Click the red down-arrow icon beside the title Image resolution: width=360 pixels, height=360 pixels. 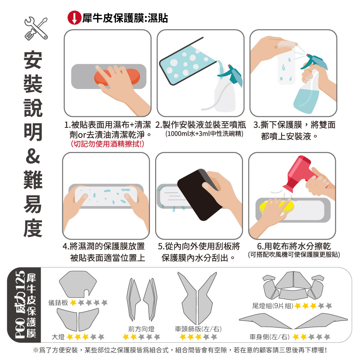[x=74, y=18]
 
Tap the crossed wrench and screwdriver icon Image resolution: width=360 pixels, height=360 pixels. [x=36, y=28]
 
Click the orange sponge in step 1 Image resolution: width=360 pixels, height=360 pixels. [x=117, y=77]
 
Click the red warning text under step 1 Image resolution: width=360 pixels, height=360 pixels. [x=107, y=144]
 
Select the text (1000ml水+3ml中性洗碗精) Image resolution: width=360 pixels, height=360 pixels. [x=204, y=134]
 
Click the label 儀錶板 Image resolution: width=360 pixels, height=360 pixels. [x=58, y=303]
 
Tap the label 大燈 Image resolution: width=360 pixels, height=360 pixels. [x=58, y=337]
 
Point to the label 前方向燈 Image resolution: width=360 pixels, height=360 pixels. [x=141, y=329]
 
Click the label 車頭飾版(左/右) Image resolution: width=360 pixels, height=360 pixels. [x=198, y=329]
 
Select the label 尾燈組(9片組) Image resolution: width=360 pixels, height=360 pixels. [x=273, y=306]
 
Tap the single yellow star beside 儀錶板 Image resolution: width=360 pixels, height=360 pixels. [x=73, y=303]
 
